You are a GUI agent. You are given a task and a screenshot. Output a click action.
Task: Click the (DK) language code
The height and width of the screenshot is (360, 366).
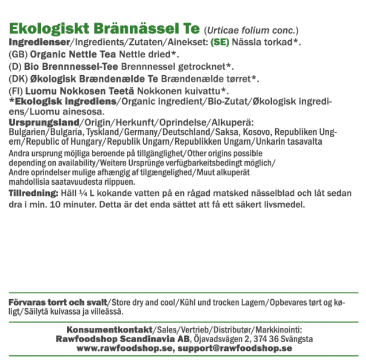[19, 79]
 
